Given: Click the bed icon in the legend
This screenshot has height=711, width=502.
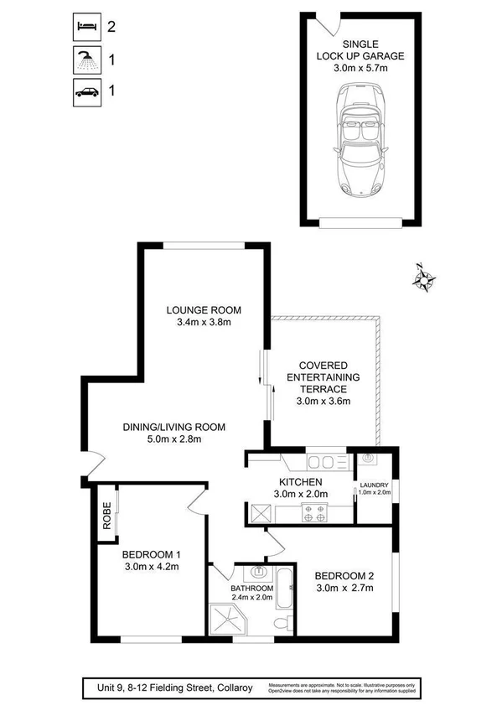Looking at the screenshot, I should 84,27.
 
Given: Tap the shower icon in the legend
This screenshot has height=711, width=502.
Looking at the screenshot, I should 84,60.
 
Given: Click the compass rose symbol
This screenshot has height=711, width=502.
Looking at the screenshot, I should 425,277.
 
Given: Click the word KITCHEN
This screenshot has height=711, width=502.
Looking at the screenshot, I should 301,482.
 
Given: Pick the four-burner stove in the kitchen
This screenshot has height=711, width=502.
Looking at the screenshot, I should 314,513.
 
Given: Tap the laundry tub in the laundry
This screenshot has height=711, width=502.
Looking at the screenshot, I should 370,459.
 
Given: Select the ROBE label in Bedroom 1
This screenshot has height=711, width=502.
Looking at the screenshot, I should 106,512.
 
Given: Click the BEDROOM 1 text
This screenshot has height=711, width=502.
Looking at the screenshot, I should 151,554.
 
